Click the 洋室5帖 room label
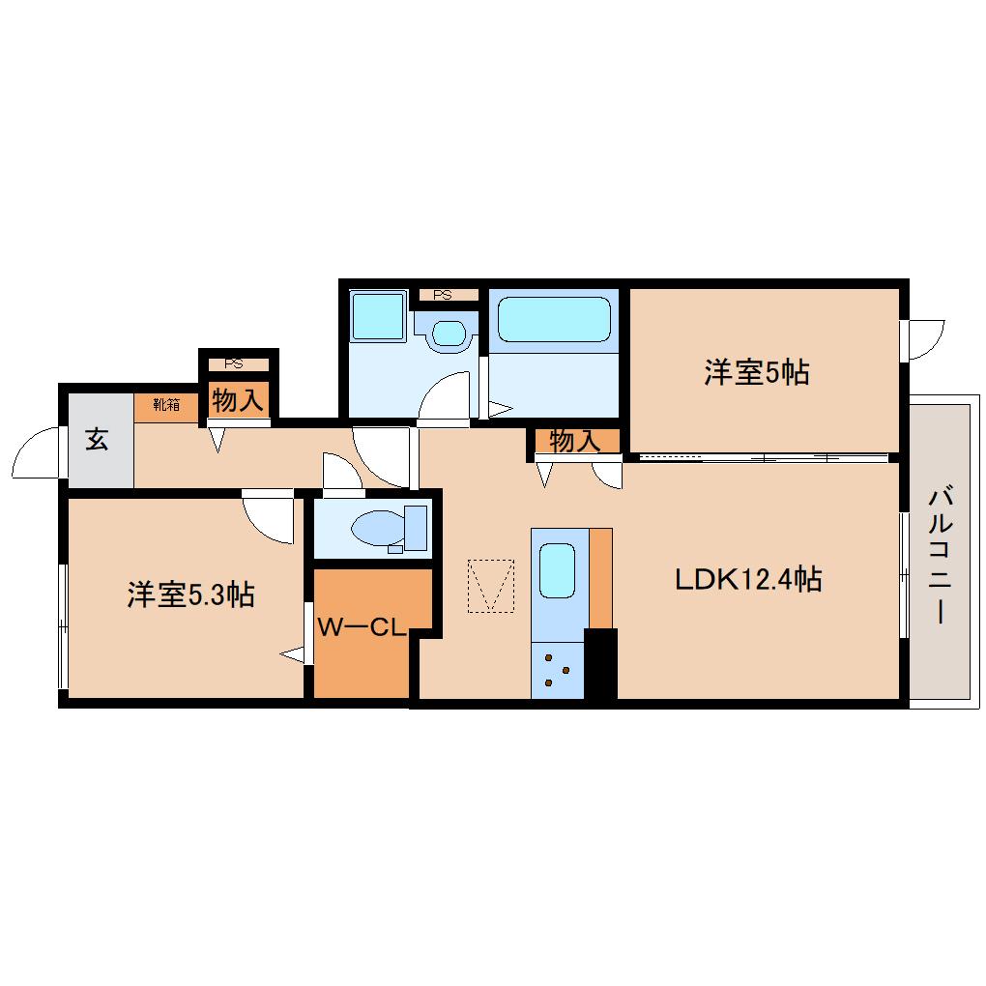(x=756, y=372)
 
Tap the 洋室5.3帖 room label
(x=190, y=594)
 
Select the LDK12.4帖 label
(x=748, y=579)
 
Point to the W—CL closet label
(x=360, y=626)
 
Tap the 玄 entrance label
(x=97, y=439)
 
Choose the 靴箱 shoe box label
(x=166, y=405)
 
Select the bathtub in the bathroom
(x=553, y=319)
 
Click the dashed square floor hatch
(x=490, y=585)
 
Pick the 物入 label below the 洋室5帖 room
(x=575, y=441)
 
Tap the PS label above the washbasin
(x=443, y=296)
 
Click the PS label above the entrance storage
(x=233, y=364)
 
